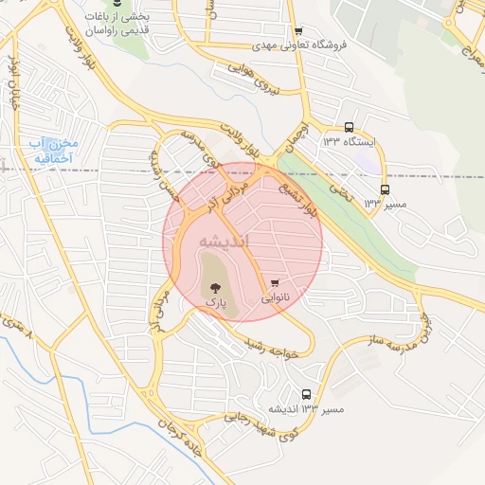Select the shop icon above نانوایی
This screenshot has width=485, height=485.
coord(275,282)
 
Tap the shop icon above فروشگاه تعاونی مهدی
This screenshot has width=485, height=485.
coord(299,30)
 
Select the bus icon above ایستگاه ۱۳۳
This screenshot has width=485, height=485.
coord(349,127)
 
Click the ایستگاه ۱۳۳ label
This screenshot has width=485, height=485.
coord(350,142)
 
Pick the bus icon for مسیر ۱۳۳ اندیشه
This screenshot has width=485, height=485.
coord(306,394)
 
